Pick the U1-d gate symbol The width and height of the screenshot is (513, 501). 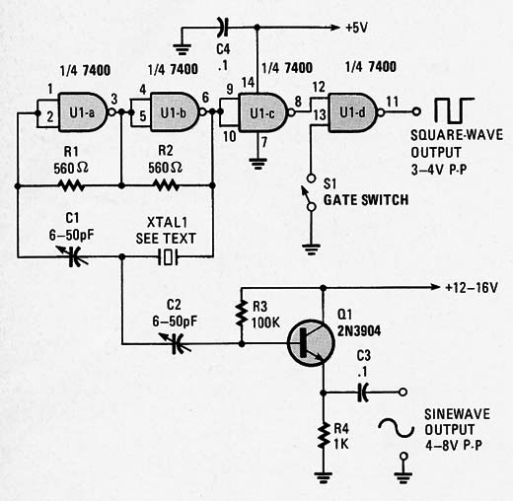(x=354, y=112)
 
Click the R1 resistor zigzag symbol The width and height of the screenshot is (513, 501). (x=72, y=185)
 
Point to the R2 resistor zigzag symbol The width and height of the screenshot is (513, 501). (x=167, y=185)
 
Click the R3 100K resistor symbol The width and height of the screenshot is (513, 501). (x=242, y=314)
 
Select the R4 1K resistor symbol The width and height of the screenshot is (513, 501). (x=324, y=436)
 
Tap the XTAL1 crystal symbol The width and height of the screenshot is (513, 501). (x=168, y=256)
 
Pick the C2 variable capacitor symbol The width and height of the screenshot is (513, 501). (x=176, y=343)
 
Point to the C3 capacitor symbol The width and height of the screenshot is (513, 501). (x=362, y=392)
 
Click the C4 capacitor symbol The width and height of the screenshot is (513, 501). (x=223, y=28)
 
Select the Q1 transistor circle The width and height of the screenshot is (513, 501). (x=311, y=343)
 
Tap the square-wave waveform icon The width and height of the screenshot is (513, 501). (x=455, y=110)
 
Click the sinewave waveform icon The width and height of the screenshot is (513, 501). (x=396, y=428)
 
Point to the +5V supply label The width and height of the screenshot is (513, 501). (x=357, y=28)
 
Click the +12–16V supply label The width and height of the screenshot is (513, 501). (x=472, y=288)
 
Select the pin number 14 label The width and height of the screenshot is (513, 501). (x=249, y=82)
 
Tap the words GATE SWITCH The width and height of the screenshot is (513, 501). (x=366, y=200)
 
